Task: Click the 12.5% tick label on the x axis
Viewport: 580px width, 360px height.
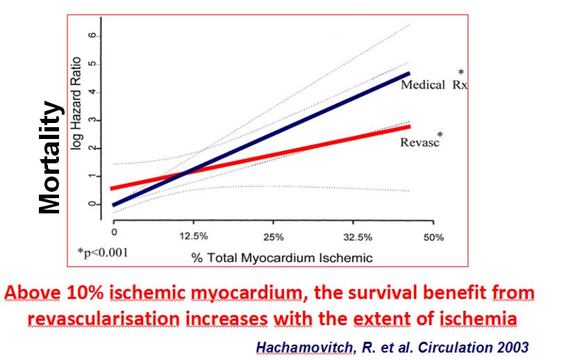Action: pos(193,237)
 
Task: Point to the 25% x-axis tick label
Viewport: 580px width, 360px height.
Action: pos(274,237)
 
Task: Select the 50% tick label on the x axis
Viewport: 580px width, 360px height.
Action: pos(433,237)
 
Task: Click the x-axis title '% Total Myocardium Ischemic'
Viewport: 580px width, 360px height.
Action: pos(282,258)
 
